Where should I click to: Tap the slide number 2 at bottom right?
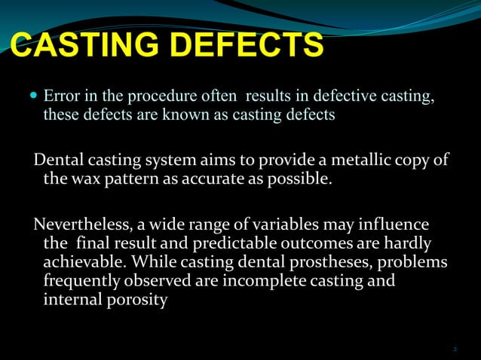(455, 348)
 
